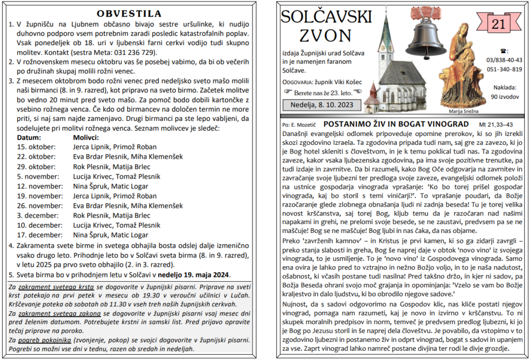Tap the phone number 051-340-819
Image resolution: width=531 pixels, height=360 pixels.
click(x=504, y=70)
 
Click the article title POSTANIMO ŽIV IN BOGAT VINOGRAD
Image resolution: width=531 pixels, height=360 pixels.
click(x=396, y=124)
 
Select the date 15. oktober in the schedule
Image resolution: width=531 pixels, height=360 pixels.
click(x=36, y=147)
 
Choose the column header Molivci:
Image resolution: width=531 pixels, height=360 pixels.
click(x=86, y=137)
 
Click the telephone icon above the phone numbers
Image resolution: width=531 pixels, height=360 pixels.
click(x=504, y=51)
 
